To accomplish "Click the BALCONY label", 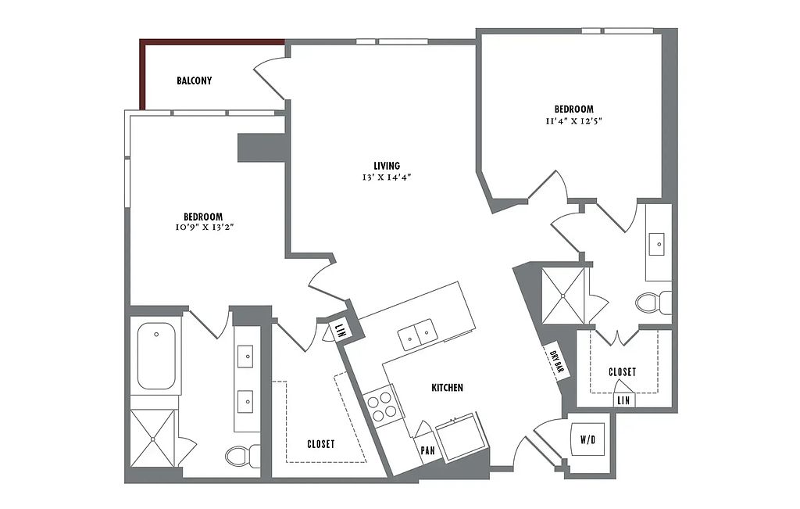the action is [194, 81].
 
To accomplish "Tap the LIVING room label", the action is [387, 166].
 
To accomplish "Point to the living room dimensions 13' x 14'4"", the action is [387, 177].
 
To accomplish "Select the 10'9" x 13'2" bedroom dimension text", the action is [204, 228].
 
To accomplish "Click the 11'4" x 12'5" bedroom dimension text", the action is [574, 121].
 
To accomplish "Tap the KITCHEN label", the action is [448, 388].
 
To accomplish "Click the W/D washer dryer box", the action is [587, 439].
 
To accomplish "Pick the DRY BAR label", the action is [556, 362].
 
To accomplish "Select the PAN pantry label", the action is [427, 451].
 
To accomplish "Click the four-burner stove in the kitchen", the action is [380, 407].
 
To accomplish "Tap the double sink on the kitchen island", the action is [417, 335].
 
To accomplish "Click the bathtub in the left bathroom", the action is [155, 356].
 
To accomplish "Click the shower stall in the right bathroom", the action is [563, 296].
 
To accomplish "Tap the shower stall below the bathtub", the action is [152, 438].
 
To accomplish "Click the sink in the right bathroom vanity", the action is [658, 244].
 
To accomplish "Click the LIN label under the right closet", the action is [623, 401].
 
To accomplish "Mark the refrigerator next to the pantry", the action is [460, 436].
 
